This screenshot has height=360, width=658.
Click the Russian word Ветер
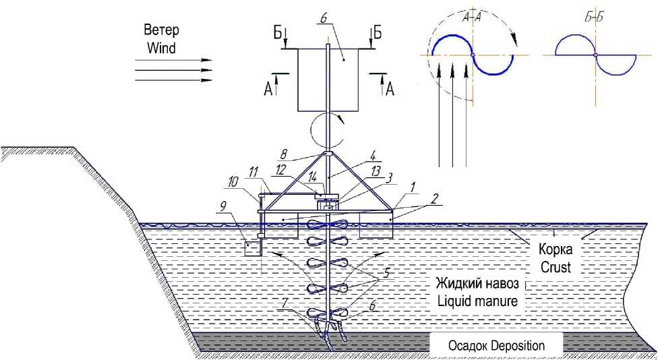point(160,31)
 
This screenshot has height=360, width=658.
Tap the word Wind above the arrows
point(160,48)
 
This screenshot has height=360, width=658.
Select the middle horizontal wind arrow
point(174,69)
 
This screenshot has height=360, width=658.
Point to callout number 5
point(387,274)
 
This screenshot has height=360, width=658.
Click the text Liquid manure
point(477,301)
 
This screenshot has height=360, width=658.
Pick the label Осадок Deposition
point(496,346)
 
